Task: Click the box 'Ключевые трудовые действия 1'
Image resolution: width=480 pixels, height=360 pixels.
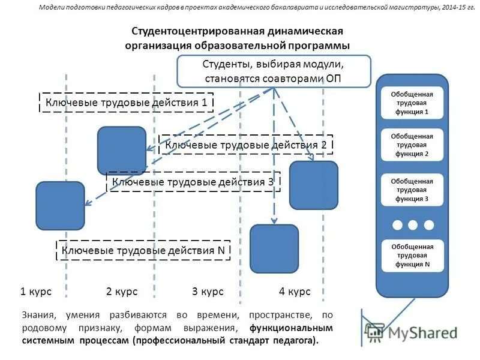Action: (127, 103)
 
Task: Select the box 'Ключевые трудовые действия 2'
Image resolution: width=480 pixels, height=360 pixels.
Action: (246, 145)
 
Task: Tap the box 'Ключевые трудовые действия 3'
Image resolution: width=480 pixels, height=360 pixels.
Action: (193, 182)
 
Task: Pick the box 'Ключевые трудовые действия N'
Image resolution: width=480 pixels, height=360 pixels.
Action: (143, 250)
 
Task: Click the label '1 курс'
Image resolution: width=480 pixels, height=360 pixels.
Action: (36, 292)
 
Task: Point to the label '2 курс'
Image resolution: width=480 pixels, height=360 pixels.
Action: (122, 292)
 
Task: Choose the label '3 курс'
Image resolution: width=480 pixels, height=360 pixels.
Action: (208, 292)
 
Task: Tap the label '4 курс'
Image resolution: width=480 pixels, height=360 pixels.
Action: (295, 292)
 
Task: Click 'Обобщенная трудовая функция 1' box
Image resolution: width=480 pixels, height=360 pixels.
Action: (412, 103)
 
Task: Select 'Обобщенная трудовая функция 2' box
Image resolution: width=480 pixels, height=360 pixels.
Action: (412, 145)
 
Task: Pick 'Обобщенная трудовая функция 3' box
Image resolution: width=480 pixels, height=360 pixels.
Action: (412, 190)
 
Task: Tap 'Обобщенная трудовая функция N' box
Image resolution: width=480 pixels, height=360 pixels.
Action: (412, 255)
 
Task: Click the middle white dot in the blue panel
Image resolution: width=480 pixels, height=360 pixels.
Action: (412, 225)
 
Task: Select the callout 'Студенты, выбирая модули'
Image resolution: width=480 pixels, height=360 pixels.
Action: (274, 71)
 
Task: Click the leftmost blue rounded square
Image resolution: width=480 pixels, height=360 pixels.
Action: (60, 206)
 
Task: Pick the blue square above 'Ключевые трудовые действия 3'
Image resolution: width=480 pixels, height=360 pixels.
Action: (122, 151)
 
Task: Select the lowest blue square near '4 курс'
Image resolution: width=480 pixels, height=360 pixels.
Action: (274, 248)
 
